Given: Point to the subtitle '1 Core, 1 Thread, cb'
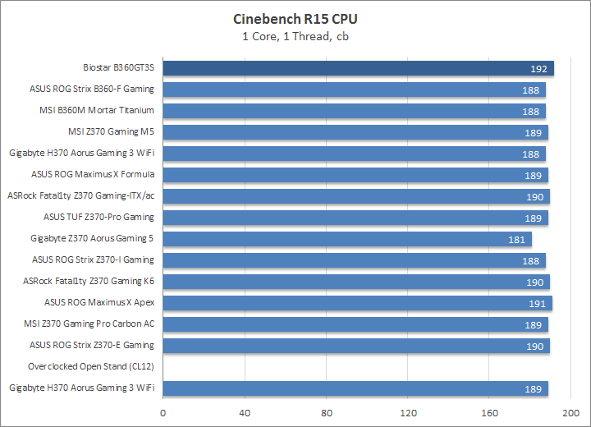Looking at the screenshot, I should pyautogui.click(x=295, y=35).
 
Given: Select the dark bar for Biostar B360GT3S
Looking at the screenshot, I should pyautogui.click(x=358, y=68).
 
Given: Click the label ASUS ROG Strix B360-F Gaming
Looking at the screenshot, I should pyautogui.click(x=92, y=89).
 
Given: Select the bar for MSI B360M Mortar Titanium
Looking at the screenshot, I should pyautogui.click(x=354, y=111).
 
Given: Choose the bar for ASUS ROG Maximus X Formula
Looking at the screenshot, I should pyautogui.click(x=355, y=175).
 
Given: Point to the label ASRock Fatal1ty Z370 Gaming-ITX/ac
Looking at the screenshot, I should pyautogui.click(x=80, y=195).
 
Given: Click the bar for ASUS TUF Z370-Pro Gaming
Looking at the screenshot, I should pyautogui.click(x=355, y=218).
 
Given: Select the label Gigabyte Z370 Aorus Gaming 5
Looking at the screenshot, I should pyautogui.click(x=92, y=238).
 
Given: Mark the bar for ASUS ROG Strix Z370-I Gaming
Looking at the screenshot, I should pyautogui.click(x=354, y=260).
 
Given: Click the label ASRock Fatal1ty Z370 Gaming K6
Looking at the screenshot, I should pyautogui.click(x=89, y=281).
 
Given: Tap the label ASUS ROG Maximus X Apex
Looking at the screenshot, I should pyautogui.click(x=99, y=302).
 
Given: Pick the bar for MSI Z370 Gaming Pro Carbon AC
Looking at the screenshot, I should pyautogui.click(x=355, y=324).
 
